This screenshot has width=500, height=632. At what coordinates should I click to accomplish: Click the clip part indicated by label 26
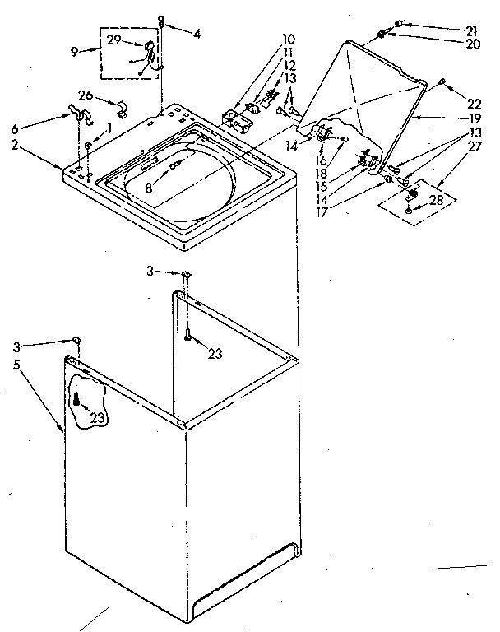[x=121, y=107]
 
